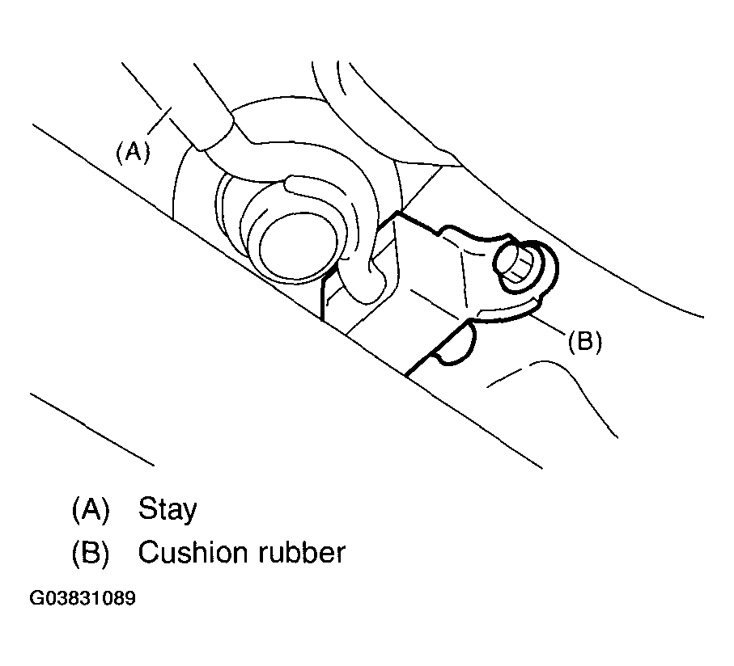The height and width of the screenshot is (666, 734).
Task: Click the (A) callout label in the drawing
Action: (133, 153)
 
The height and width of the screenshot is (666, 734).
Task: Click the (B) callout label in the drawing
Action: (584, 342)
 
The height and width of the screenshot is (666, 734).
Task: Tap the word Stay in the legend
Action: (168, 509)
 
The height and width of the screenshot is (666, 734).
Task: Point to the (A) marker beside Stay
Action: (89, 509)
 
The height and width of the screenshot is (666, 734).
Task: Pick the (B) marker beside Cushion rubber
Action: (89, 553)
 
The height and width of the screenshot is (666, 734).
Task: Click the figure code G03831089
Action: (82, 600)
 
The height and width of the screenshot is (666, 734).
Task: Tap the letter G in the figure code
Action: (36, 600)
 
